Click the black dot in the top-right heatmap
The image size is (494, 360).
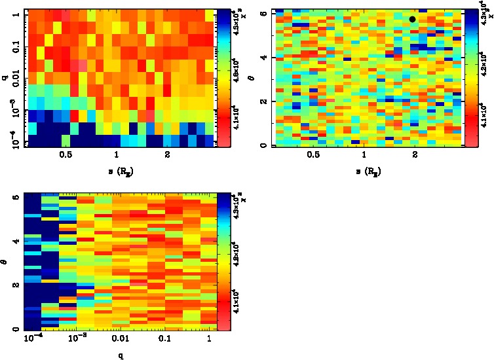pyautogui.click(x=412, y=19)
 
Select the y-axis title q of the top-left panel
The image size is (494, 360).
pyautogui.click(x=5, y=77)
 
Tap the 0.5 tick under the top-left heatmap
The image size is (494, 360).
pyautogui.click(x=66, y=155)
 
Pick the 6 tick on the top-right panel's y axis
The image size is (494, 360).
pyautogui.click(x=263, y=13)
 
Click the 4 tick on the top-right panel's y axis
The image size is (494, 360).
pyautogui.click(x=263, y=58)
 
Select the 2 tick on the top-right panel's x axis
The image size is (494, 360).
pyautogui.click(x=415, y=155)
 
